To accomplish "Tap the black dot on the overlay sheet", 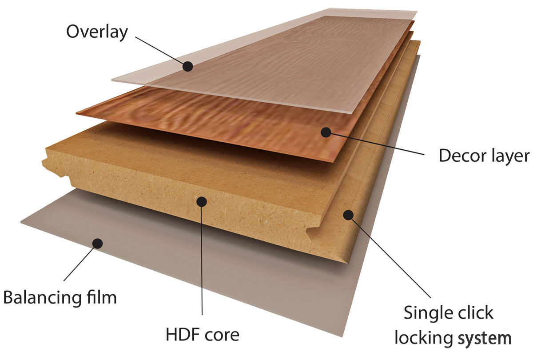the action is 188,66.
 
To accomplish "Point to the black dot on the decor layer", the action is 326,132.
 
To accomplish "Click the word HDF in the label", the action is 182,335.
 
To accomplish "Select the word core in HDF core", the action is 221,336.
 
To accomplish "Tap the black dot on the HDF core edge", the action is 202,202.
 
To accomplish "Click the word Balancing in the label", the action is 41,298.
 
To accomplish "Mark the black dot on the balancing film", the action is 97,244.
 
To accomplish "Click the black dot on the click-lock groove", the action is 348,215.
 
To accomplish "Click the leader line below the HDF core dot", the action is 202,261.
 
